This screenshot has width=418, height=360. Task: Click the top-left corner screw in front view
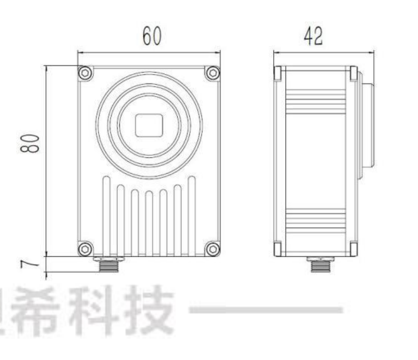[85, 73]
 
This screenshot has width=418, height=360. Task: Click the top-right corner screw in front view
[212, 73]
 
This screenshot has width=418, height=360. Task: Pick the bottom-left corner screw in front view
[85, 249]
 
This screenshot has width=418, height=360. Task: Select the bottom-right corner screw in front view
[212, 249]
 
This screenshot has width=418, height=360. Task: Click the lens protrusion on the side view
[367, 125]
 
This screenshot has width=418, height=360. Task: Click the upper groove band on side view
[316, 101]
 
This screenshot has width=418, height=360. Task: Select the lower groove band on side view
[316, 221]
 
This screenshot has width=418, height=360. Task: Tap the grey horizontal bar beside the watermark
[266, 310]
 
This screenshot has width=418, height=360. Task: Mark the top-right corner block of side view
[353, 73]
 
